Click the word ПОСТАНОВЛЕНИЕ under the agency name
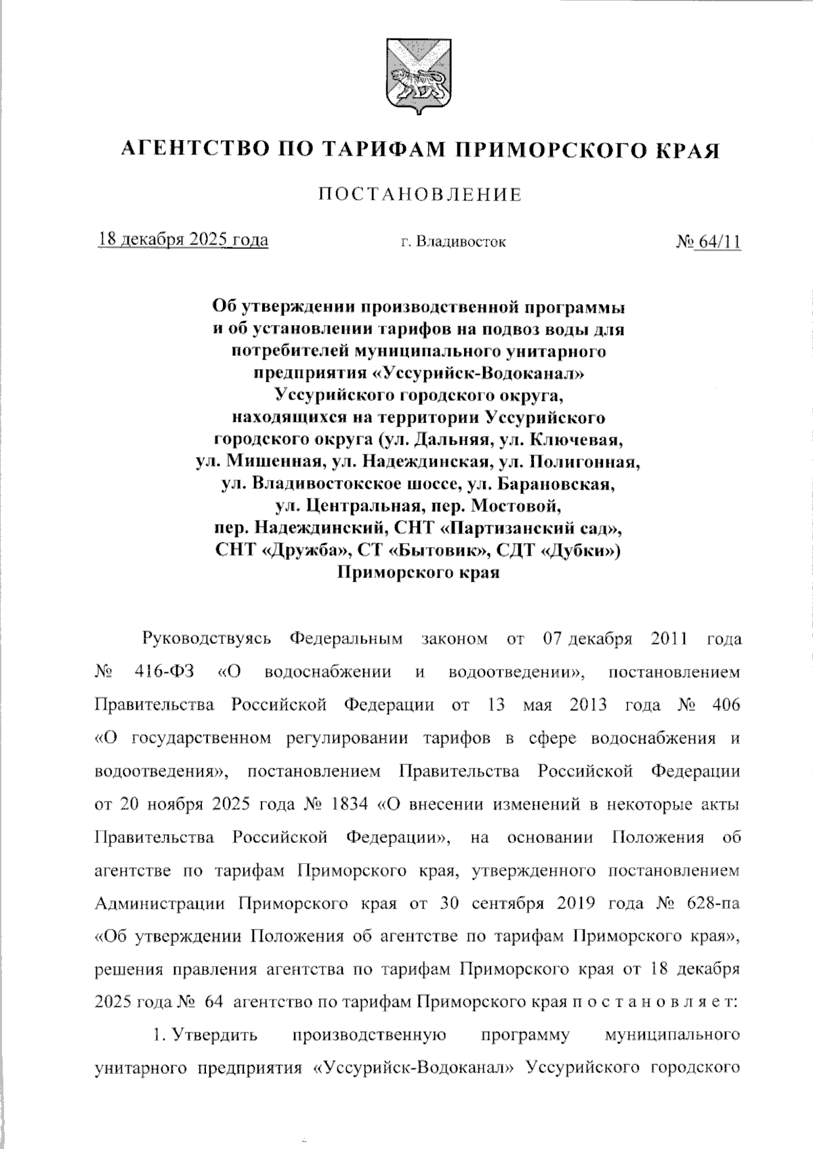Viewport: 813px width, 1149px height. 421,195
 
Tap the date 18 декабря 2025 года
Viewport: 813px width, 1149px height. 183,240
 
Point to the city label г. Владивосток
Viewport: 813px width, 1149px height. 453,241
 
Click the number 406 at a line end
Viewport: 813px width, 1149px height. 726,705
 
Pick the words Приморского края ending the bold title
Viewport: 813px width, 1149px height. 419,573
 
